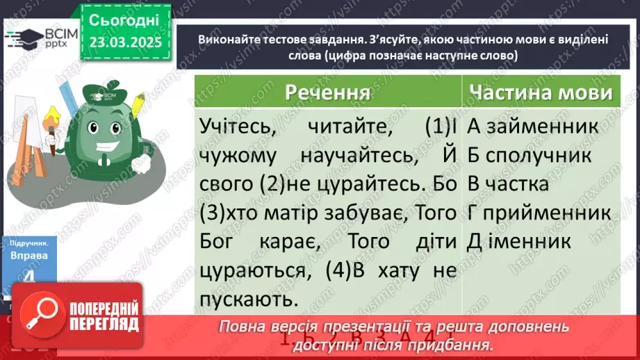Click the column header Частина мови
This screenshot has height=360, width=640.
point(540,93)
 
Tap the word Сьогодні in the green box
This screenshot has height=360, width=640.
point(124,20)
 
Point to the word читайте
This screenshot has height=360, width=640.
point(342,128)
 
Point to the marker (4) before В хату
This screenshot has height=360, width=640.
point(345,270)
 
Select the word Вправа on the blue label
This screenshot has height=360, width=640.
point(29,256)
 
